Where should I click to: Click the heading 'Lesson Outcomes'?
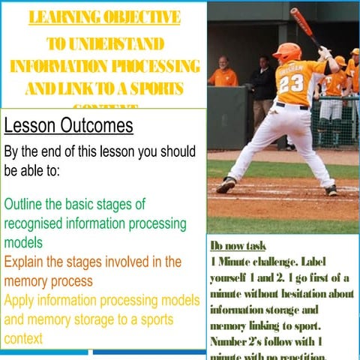point(69,125)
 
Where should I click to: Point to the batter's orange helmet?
point(287,52)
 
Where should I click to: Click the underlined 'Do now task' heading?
point(238,246)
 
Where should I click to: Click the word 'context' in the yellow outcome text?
point(23,338)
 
